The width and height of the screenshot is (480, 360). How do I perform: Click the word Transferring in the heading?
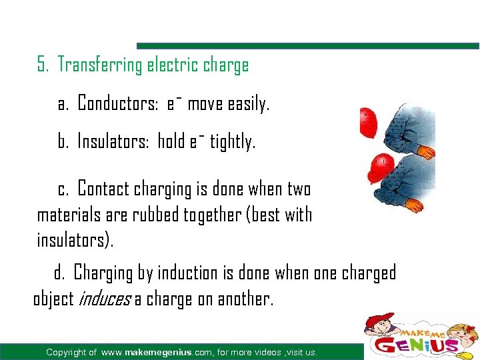(x=99, y=65)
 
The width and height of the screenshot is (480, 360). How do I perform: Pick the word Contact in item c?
(x=104, y=189)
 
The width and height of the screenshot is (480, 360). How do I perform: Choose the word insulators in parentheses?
(x=73, y=240)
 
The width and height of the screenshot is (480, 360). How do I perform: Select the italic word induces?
(x=104, y=299)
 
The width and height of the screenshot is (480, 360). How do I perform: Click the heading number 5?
(x=43, y=65)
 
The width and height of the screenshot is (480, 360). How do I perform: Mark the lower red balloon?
(x=382, y=163)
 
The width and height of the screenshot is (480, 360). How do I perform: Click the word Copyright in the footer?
(x=71, y=352)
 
